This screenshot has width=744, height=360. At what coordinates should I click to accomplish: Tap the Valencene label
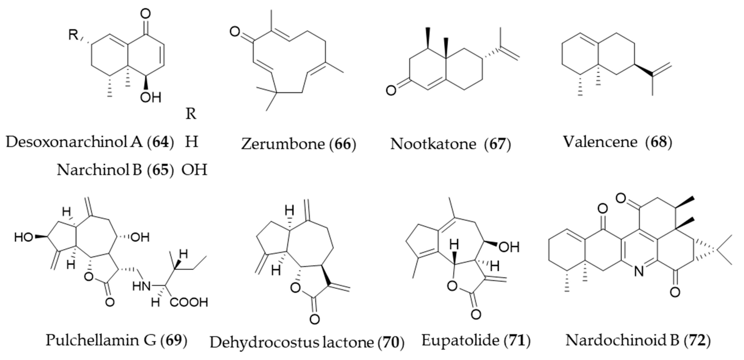(600, 142)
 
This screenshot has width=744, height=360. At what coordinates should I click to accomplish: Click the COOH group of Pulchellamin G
(189, 302)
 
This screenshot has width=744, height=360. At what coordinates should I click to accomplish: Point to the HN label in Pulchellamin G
(142, 287)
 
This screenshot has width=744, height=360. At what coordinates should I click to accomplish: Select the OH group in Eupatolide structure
(509, 247)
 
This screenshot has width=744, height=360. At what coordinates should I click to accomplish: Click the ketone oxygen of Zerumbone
(235, 32)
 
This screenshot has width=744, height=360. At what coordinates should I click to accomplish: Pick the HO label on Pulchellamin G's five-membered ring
(24, 237)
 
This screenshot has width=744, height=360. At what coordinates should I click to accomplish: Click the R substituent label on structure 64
(73, 35)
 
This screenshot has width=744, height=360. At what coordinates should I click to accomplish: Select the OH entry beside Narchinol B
(194, 170)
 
